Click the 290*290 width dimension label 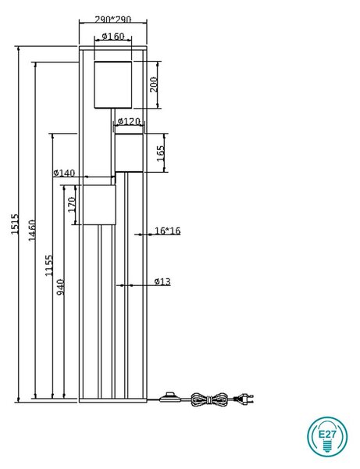coord(113,20)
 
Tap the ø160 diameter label coord(113,36)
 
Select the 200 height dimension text coord(154,84)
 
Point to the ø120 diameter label coord(129,121)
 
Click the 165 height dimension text coord(161,153)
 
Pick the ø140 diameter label coord(64,173)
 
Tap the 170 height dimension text coord(72,205)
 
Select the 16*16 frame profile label coord(168,231)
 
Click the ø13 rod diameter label coord(162,281)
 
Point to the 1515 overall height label coord(15,224)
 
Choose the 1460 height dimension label coord(32,230)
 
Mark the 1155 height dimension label coord(49,265)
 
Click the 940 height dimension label coord(61,287)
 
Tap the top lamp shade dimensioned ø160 coord(113,84)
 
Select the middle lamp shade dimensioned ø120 coord(129,153)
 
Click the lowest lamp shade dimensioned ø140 coord(99,205)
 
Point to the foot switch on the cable coord(170,396)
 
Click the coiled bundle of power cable coord(209,399)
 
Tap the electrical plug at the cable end coord(244,399)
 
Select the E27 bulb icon coord(327,436)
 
